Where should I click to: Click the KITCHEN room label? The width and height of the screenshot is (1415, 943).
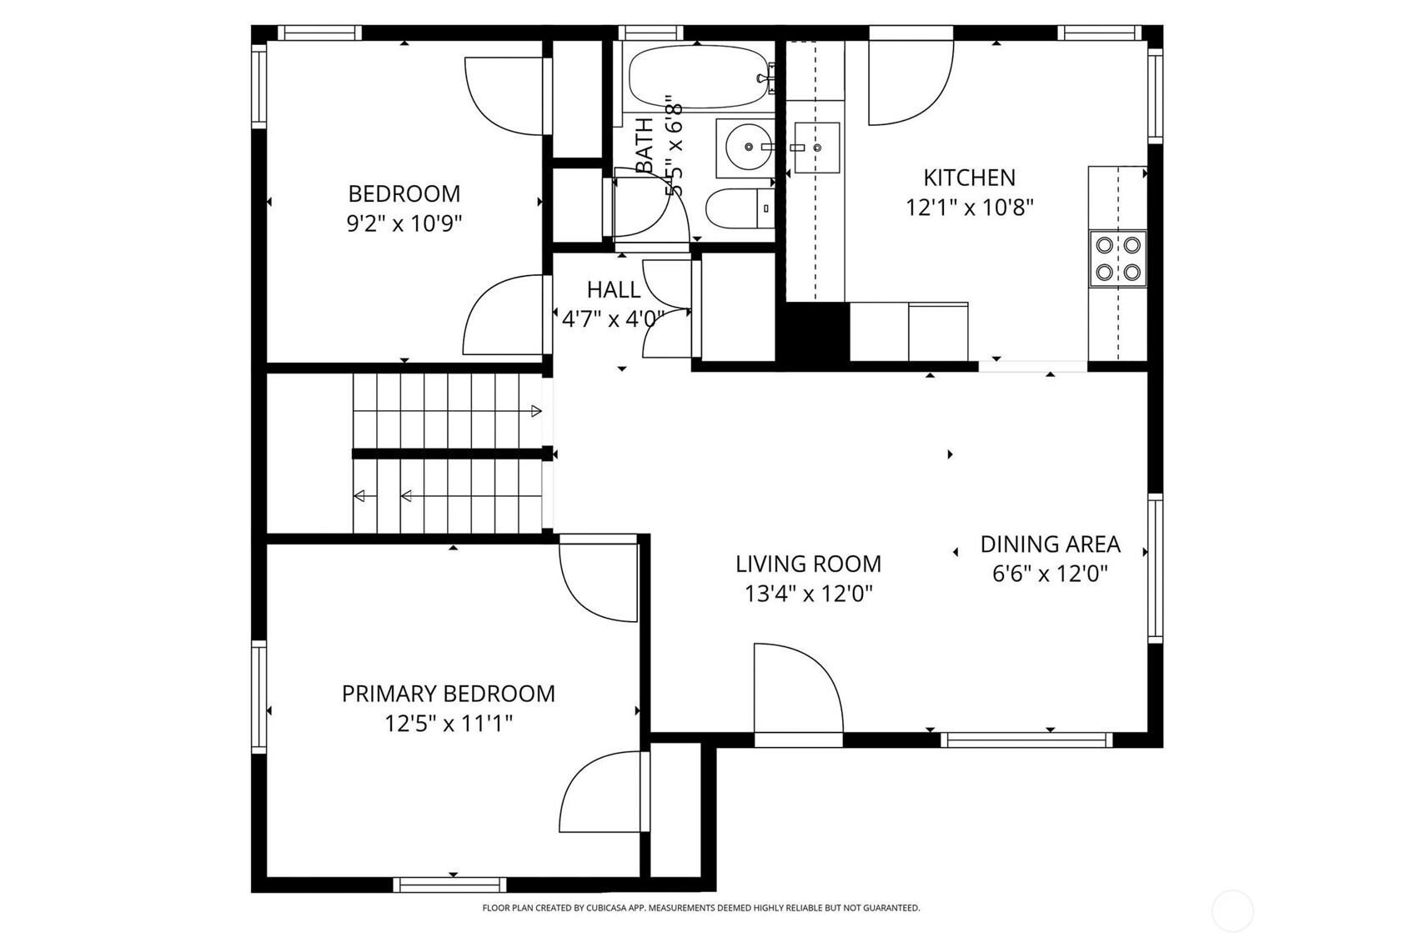pyautogui.click(x=969, y=178)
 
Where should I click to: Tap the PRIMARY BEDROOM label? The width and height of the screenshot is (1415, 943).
pyautogui.click(x=449, y=694)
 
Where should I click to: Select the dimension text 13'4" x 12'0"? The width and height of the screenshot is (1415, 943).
pyautogui.click(x=808, y=594)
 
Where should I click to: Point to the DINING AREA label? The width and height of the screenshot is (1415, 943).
pyautogui.click(x=1050, y=544)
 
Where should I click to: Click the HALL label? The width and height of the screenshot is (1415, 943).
pyautogui.click(x=614, y=290)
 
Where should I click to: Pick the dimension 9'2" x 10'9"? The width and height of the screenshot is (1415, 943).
pyautogui.click(x=404, y=223)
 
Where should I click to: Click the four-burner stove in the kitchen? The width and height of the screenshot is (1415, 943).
pyautogui.click(x=1117, y=258)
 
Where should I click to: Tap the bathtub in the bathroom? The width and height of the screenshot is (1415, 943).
pyautogui.click(x=697, y=77)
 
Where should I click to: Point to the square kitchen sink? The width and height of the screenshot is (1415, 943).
pyautogui.click(x=815, y=148)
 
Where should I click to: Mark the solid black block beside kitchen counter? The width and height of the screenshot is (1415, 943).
pyautogui.click(x=813, y=332)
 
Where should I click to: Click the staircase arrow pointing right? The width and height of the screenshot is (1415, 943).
pyautogui.click(x=536, y=411)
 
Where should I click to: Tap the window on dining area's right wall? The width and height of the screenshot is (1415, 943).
pyautogui.click(x=1155, y=568)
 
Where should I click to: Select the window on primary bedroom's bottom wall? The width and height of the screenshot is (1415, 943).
pyautogui.click(x=450, y=885)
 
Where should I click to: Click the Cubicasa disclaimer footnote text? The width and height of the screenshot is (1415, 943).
pyautogui.click(x=700, y=908)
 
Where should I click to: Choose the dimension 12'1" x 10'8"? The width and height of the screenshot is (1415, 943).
pyautogui.click(x=969, y=208)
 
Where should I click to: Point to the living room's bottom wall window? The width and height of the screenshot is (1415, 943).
pyautogui.click(x=1026, y=740)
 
